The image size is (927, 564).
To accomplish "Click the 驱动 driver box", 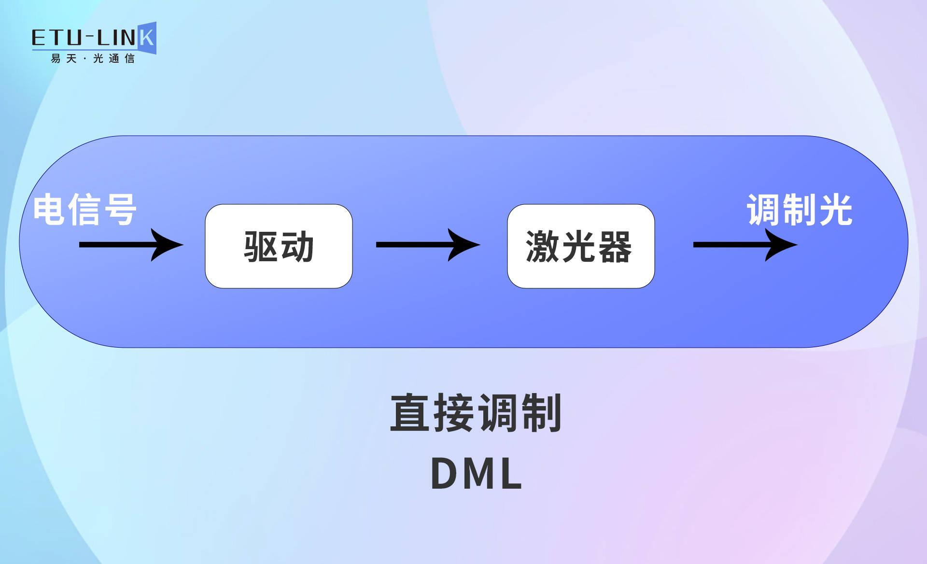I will click(279, 246).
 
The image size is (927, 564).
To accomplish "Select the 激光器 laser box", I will click(581, 246).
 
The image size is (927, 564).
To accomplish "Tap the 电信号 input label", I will click(85, 210).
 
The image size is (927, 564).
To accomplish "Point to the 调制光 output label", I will click(800, 210).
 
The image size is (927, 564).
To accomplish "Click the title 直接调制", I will click(476, 413).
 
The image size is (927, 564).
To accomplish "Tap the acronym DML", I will click(476, 474).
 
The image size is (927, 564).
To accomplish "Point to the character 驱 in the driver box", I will click(261, 247).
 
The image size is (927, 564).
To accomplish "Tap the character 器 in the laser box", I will click(614, 247).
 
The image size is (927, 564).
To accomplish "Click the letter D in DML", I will click(444, 474).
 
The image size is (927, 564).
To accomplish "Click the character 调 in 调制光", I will click(764, 210).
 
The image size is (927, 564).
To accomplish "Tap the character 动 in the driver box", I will click(297, 247).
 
